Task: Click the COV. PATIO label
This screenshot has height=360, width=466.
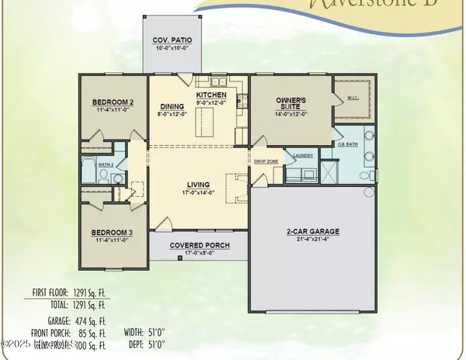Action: (171, 40)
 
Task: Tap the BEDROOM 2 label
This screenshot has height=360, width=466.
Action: (113, 102)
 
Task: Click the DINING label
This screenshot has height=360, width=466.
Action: (172, 109)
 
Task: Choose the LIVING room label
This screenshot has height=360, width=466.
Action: (199, 184)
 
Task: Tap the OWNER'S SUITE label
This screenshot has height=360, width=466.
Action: (293, 105)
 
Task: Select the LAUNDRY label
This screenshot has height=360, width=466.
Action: (303, 155)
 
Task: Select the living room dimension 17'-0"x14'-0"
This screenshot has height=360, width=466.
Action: (199, 192)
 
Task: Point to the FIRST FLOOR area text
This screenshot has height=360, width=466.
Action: (71, 294)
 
